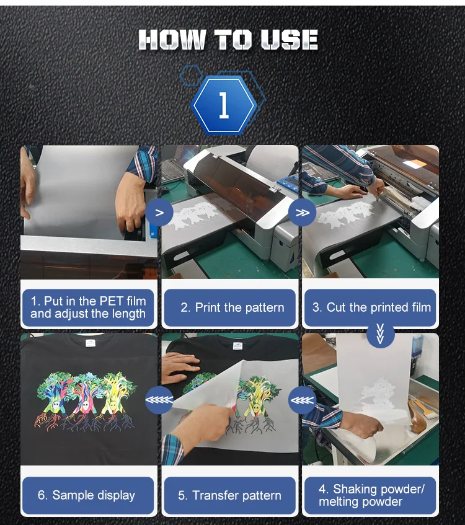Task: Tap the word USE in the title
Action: pyautogui.click(x=289, y=40)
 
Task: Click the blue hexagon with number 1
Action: pyautogui.click(x=224, y=105)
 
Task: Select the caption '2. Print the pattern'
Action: pyautogui.click(x=232, y=307)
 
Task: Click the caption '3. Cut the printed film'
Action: pyautogui.click(x=371, y=307)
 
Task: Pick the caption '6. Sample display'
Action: pyautogui.click(x=86, y=495)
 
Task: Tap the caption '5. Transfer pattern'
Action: pyautogui.click(x=229, y=495)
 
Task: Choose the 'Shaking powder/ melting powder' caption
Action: pyautogui.click(x=371, y=495)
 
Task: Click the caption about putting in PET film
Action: pyautogui.click(x=88, y=307)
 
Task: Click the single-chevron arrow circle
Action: pyautogui.click(x=159, y=213)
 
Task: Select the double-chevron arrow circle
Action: pyautogui.click(x=302, y=213)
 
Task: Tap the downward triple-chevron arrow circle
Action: pyautogui.click(x=380, y=334)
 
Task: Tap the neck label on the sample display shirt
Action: pyautogui.click(x=91, y=343)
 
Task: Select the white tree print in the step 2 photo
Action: pyautogui.click(x=197, y=215)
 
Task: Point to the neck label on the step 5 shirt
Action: pyautogui.click(x=237, y=346)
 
